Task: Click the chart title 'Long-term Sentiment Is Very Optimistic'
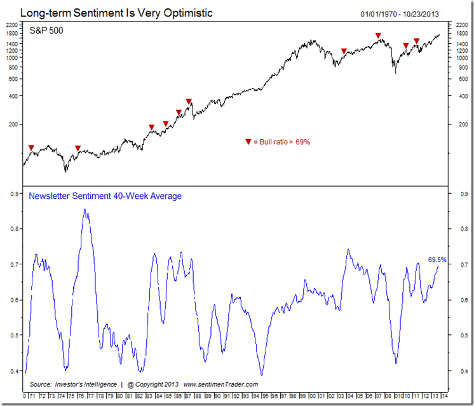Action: pos(116,13)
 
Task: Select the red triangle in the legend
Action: pos(248,142)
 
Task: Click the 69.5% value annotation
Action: pos(437,259)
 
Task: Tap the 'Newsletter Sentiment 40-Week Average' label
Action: pos(105,196)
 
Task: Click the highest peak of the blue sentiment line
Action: pos(85,210)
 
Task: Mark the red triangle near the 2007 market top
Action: pos(378,36)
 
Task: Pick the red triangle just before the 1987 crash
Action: pos(189,102)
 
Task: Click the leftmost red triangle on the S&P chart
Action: pos(32,147)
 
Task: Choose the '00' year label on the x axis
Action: pos(312,396)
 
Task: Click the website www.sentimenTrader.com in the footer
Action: pos(220,384)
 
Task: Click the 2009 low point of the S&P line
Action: pos(395,72)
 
